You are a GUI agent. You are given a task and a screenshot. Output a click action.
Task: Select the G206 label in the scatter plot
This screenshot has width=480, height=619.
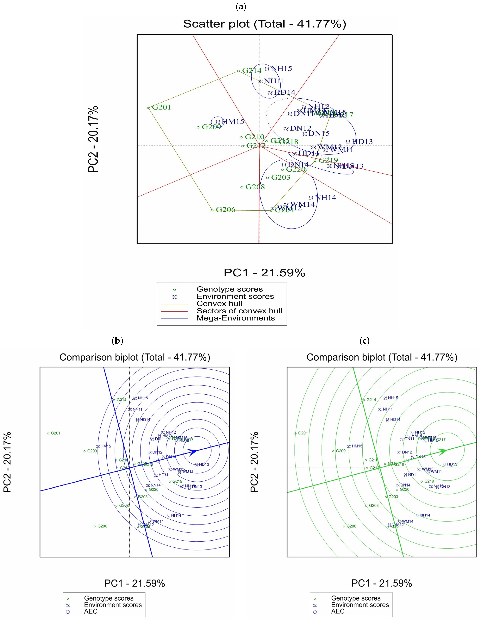click(x=226, y=210)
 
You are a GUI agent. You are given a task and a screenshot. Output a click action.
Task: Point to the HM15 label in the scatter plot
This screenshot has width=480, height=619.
click(x=233, y=122)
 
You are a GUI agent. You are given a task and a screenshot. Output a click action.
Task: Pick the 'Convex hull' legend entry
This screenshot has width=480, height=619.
click(x=219, y=304)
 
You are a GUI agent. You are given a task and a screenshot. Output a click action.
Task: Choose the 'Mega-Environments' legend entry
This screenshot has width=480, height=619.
click(x=235, y=318)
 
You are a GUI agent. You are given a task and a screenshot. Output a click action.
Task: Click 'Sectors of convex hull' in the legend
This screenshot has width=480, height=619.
click(x=239, y=311)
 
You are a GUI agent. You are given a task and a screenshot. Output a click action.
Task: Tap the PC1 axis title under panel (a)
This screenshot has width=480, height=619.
click(x=264, y=273)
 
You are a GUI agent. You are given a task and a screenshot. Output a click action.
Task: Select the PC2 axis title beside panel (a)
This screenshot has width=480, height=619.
click(x=93, y=139)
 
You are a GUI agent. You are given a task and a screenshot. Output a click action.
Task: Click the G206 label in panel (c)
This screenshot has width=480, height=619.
click(x=351, y=526)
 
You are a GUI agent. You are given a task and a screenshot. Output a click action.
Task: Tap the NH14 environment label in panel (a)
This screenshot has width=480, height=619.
click(x=325, y=198)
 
